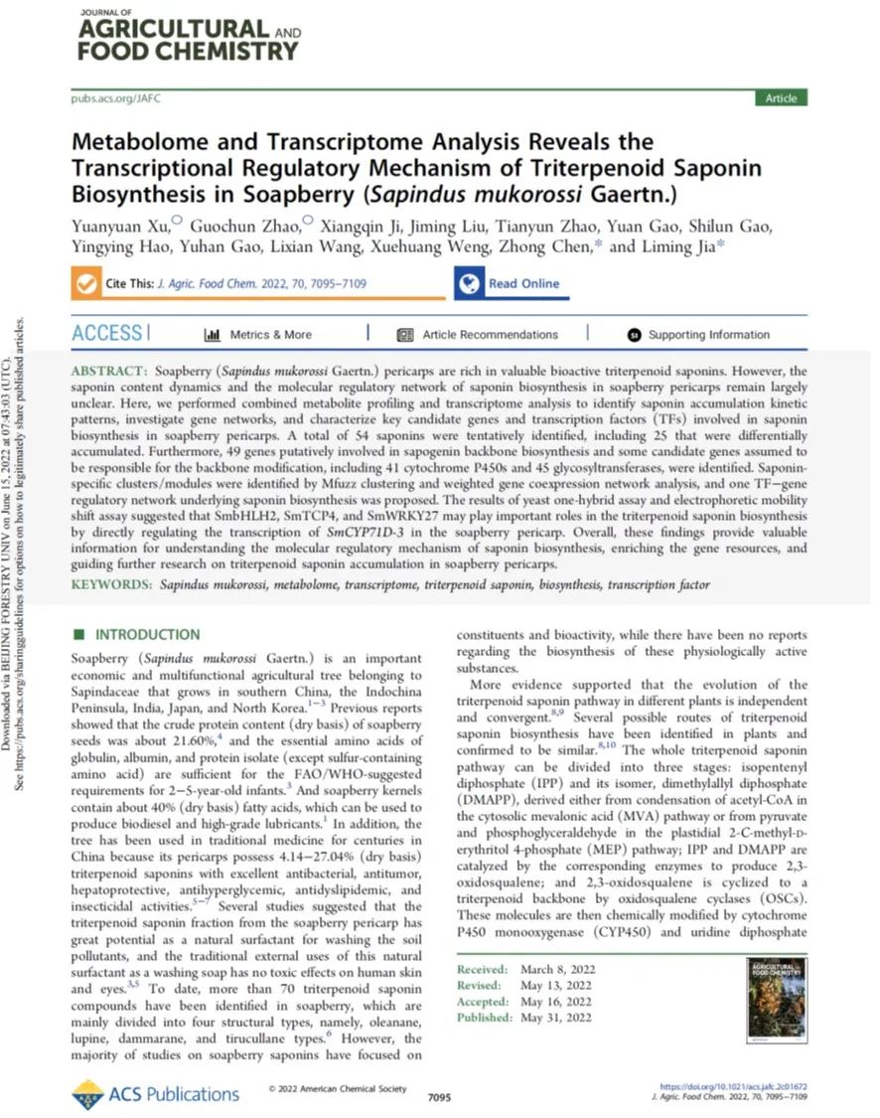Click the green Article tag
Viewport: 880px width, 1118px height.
(x=781, y=97)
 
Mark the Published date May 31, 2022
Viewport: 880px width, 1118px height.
(x=558, y=1018)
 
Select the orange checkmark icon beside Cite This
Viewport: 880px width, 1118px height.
(x=86, y=283)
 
